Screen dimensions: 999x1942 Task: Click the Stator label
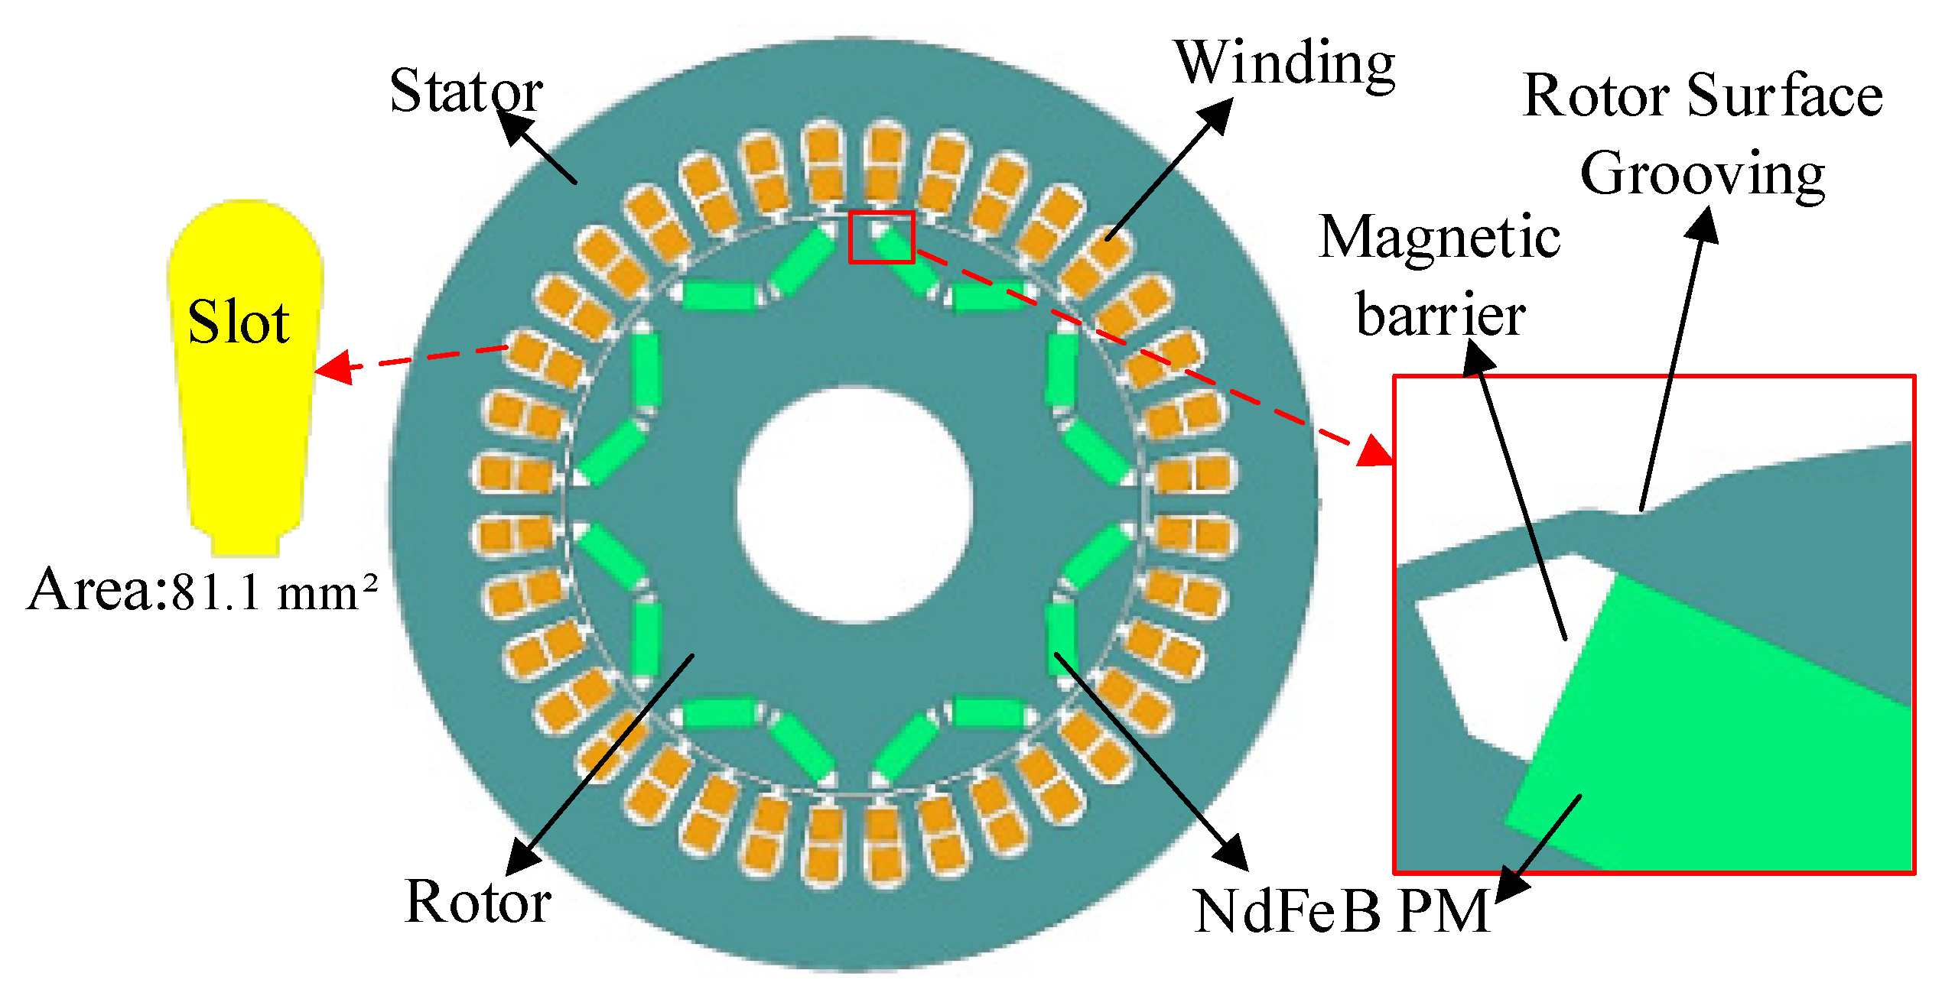(466, 91)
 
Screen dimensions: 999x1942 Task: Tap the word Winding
(1285, 64)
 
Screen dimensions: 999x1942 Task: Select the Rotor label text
(477, 902)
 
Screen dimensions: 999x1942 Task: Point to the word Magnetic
(1439, 238)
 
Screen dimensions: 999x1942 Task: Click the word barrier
(1440, 316)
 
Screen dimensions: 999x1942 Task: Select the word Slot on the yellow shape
(239, 323)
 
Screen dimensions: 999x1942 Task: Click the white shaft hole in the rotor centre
(854, 505)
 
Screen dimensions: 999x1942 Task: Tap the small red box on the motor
(882, 237)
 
